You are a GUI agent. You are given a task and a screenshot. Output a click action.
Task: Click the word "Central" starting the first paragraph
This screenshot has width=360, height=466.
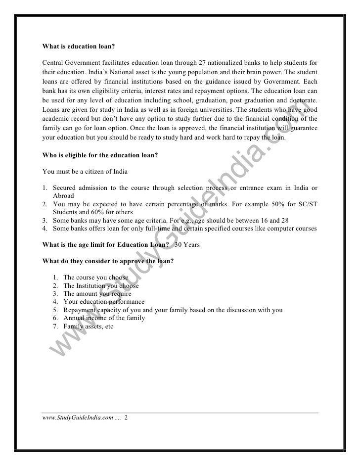53,63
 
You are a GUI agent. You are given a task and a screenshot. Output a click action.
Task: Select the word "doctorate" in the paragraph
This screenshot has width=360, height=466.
302,100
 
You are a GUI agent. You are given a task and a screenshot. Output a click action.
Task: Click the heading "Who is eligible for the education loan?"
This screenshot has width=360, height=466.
100,154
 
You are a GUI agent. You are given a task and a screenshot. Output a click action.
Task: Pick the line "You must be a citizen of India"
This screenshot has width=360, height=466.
85,172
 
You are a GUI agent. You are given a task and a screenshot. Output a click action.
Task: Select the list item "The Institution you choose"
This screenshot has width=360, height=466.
101,286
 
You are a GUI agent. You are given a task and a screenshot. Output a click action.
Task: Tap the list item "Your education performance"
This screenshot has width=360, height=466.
104,302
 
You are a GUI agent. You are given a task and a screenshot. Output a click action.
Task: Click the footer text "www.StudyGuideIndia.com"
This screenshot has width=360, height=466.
77,419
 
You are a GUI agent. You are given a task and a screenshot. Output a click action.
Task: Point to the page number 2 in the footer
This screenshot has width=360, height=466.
126,419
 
